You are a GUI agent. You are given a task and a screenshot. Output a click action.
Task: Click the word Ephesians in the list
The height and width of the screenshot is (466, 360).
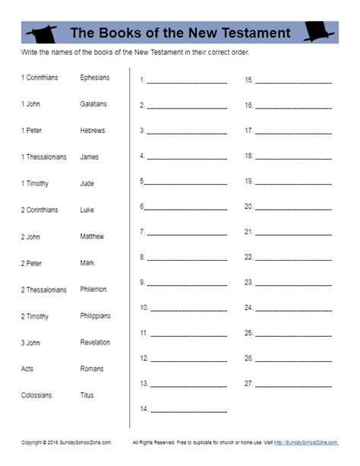coord(95,78)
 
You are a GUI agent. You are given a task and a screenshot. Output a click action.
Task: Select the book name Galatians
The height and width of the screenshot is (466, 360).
coord(93,104)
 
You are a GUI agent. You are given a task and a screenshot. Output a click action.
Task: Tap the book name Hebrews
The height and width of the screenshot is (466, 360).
coord(93,131)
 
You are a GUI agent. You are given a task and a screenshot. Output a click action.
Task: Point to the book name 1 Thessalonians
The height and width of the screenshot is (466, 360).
coord(44,157)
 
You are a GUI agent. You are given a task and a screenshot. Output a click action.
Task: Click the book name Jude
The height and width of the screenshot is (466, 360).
coord(87,183)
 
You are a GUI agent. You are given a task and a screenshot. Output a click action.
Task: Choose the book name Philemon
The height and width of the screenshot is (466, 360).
coord(93,290)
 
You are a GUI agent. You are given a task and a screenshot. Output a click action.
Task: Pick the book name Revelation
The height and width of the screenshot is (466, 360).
coord(95,343)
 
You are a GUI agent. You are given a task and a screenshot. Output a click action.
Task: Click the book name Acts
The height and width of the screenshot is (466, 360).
coord(27,369)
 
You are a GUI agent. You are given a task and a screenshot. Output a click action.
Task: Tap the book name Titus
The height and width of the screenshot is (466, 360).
coord(87,395)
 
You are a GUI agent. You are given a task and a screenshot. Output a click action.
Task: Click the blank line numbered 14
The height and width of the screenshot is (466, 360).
coord(189,411)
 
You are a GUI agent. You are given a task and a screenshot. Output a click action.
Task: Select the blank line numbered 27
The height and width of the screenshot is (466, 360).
coord(293,385)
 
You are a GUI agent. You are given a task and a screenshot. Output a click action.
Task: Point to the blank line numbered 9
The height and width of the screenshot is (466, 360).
coord(187,284)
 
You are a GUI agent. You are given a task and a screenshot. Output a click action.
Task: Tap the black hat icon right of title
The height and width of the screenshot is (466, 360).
coord(317,31)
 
